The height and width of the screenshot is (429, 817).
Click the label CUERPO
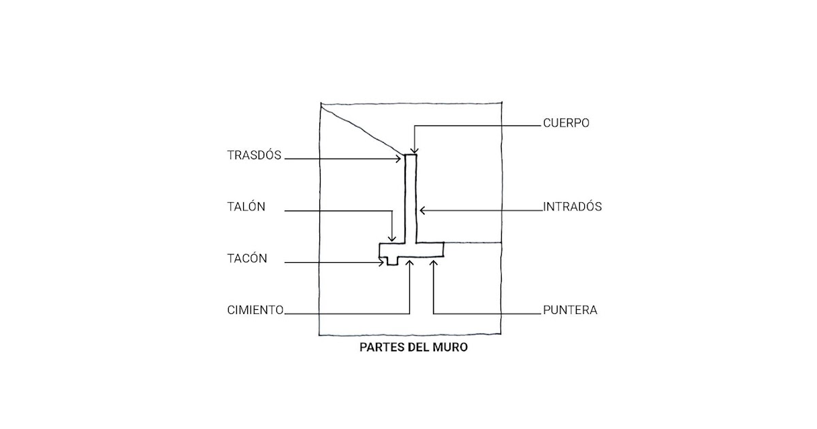(x=566, y=123)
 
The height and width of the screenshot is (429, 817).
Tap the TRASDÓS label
(x=254, y=155)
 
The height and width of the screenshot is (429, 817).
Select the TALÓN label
(x=246, y=207)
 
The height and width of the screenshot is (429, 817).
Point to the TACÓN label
(x=247, y=259)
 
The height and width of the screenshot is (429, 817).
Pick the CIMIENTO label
(x=255, y=310)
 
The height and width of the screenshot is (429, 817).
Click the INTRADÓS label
(x=572, y=206)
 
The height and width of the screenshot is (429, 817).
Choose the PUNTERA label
(x=570, y=310)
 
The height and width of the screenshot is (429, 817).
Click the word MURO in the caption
(x=449, y=347)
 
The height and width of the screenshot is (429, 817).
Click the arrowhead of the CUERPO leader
(x=413, y=153)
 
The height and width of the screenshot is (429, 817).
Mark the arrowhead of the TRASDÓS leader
(x=402, y=159)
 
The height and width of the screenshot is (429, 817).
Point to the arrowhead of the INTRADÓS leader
(x=421, y=210)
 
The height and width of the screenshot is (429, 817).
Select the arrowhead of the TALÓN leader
(x=391, y=239)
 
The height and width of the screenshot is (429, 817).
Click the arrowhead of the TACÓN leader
(x=383, y=262)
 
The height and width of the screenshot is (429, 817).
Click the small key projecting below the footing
(x=391, y=261)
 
